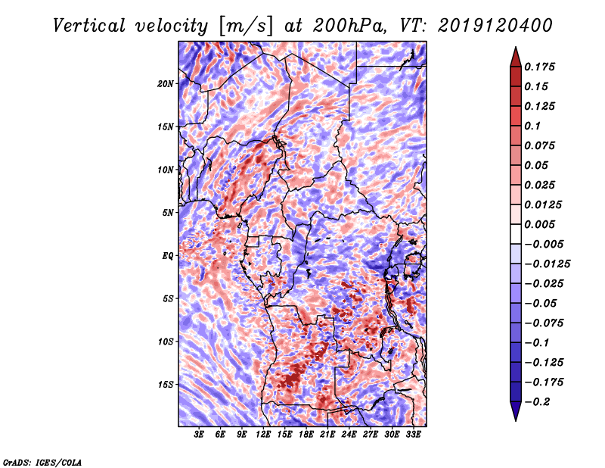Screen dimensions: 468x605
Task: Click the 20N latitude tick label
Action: click(x=166, y=83)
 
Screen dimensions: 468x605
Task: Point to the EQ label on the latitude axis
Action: click(x=168, y=256)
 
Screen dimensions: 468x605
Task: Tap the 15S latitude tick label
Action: click(x=166, y=385)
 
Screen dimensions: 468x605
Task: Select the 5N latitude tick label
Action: click(x=168, y=213)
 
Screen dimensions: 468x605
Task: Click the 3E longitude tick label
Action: click(x=200, y=435)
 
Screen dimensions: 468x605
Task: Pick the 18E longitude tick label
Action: click(x=306, y=435)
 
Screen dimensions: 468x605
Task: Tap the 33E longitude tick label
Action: click(x=413, y=435)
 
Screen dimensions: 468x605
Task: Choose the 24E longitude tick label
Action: click(x=349, y=435)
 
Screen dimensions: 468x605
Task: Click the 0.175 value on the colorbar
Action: click(x=542, y=67)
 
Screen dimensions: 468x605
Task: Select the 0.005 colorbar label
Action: click(x=542, y=224)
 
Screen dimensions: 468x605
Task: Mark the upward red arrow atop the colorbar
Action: click(x=515, y=55)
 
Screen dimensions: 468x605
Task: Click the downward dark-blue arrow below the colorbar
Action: click(x=515, y=412)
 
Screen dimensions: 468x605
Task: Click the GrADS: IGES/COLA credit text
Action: click(x=42, y=461)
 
